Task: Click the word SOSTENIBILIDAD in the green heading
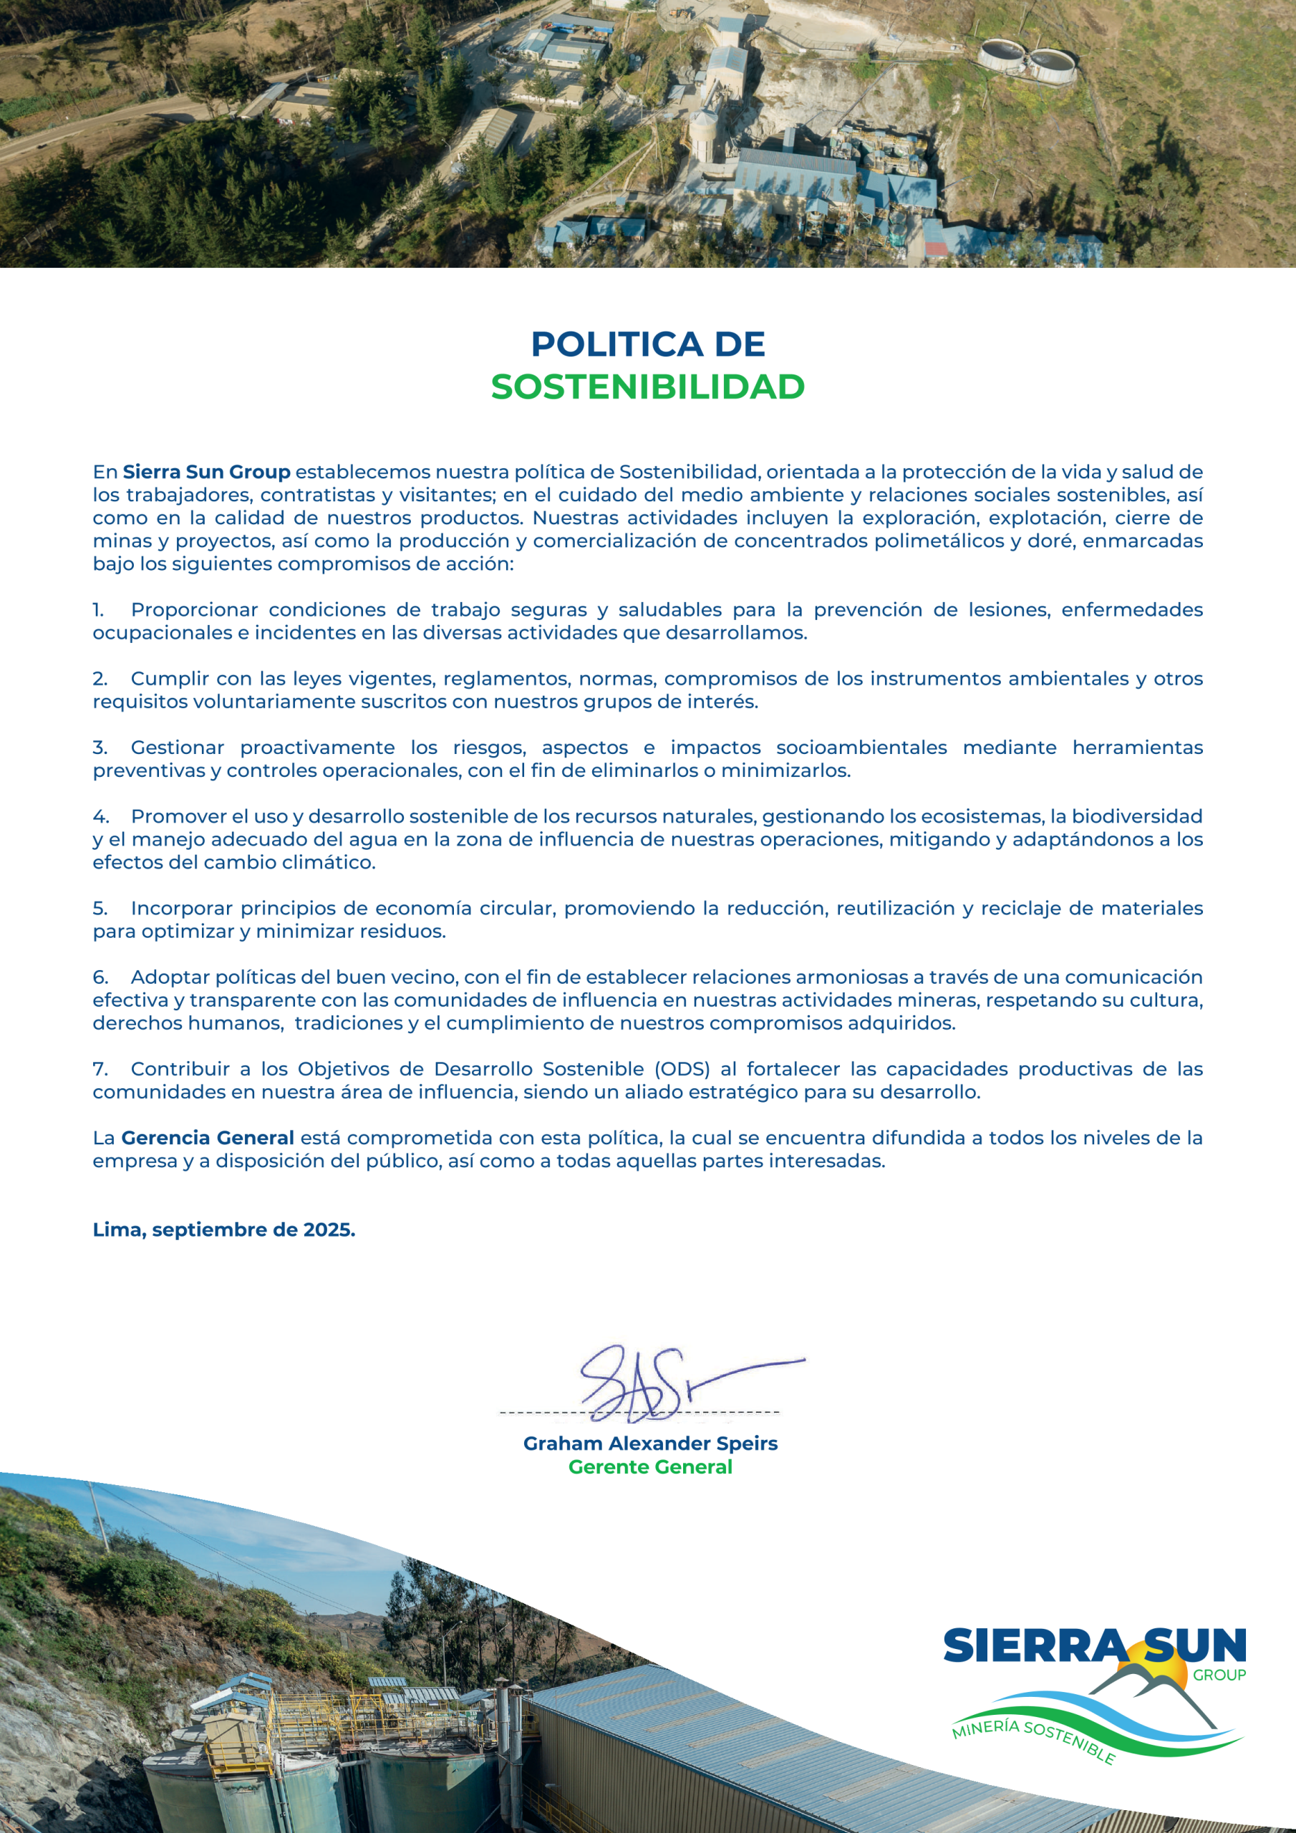click(x=647, y=387)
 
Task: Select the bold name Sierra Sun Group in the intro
click(x=206, y=472)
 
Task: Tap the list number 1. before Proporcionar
click(x=98, y=610)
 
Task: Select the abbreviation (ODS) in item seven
click(x=682, y=1069)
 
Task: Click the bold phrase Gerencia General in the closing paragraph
click(x=208, y=1138)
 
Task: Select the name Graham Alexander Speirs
click(x=650, y=1443)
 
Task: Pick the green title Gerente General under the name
click(x=650, y=1466)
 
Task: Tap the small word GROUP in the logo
click(x=1219, y=1675)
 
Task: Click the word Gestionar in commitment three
click(x=178, y=748)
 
